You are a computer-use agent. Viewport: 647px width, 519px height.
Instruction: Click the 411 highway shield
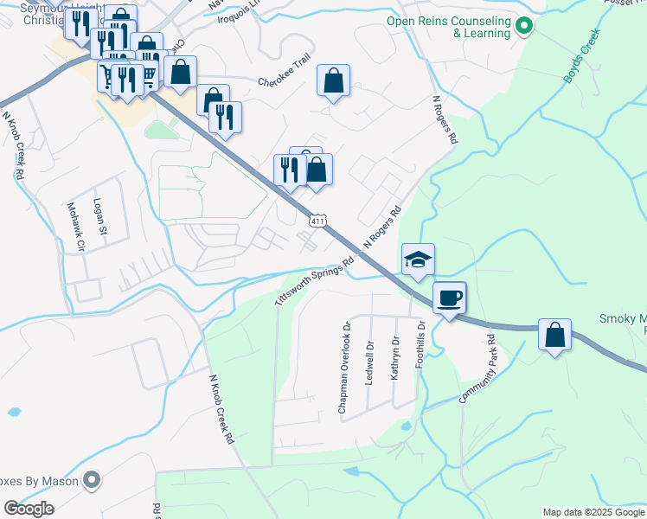pos(317,221)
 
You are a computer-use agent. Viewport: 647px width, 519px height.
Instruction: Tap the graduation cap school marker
pos(418,259)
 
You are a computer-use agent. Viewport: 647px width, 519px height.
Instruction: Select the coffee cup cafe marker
pos(449,298)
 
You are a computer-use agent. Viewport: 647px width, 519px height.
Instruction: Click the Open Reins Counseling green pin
pos(522,27)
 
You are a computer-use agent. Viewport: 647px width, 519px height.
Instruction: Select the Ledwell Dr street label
pos(369,363)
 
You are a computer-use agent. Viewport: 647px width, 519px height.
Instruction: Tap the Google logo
pos(29,509)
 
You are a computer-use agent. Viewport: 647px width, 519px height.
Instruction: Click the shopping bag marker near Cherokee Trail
pos(333,81)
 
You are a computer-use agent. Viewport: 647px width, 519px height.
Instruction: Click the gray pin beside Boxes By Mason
pos(93,479)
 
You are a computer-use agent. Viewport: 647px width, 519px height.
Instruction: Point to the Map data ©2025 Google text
pos(593,512)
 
